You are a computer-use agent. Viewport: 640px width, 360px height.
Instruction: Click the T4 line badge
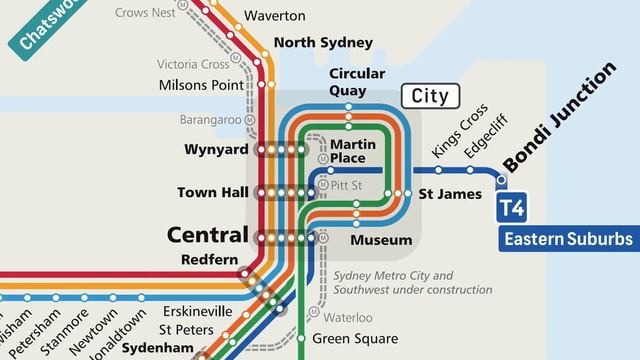coord(513,210)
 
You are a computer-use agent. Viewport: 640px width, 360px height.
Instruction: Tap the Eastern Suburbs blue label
coord(568,240)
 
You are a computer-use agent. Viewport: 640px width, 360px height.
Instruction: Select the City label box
coord(430,97)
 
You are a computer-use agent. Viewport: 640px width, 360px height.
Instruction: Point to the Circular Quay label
coord(356,82)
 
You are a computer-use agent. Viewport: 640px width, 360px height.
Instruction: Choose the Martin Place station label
coord(353,151)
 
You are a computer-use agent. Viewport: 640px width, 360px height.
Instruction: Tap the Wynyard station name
coord(214,150)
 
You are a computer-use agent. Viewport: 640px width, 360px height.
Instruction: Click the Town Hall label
coord(210,192)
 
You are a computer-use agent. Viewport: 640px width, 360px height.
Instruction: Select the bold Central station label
coord(206,236)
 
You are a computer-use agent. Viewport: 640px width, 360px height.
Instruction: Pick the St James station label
coord(449,193)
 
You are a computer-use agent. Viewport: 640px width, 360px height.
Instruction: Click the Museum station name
coord(381,240)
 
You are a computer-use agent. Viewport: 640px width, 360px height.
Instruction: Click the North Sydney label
coord(323,42)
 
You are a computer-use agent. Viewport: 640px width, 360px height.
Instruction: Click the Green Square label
coord(357,338)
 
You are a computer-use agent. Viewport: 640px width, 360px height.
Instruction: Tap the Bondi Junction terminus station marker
coord(502,181)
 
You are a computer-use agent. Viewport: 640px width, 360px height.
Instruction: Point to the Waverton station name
coord(275,17)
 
